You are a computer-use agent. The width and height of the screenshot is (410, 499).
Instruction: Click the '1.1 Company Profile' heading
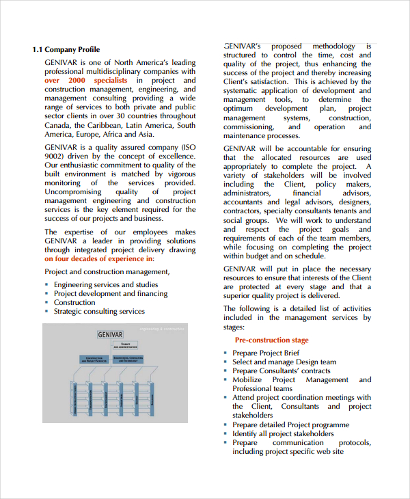coord(66,49)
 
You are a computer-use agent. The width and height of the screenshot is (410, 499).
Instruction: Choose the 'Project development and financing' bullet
coord(111,293)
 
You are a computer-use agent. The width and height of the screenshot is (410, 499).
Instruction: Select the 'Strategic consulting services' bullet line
coord(99,311)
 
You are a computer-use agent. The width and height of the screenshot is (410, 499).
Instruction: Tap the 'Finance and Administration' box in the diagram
coord(125,345)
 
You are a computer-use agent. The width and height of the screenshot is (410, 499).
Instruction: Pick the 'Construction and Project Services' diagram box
coord(95,358)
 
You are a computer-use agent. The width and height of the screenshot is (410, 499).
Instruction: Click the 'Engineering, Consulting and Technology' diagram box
coord(127,358)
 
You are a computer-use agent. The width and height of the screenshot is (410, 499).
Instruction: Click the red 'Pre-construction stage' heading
coord(271,340)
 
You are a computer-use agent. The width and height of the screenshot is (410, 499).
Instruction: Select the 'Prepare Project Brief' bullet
coord(266,353)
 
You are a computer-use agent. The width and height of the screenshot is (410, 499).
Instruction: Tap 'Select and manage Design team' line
coord(284,362)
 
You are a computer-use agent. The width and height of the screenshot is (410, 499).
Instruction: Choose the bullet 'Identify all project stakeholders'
coord(283,433)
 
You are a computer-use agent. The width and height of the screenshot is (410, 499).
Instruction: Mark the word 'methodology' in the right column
coord(333,46)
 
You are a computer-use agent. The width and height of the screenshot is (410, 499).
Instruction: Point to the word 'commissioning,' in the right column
coord(247,126)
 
